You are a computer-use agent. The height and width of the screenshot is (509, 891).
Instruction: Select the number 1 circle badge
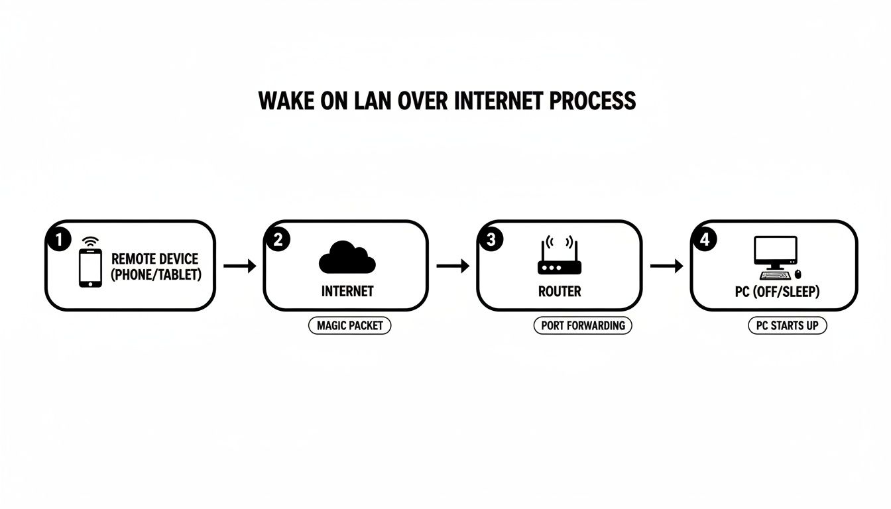point(58,240)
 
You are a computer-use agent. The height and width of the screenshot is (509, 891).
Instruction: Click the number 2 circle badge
point(277,240)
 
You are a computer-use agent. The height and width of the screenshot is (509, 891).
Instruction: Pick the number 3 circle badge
point(491,240)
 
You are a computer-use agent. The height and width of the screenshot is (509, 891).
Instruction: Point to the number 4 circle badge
point(704,240)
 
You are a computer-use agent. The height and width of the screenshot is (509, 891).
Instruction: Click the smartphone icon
point(90,268)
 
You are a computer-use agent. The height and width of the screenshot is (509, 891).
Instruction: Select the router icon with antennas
point(558,260)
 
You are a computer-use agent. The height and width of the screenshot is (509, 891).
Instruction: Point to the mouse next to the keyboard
point(798,274)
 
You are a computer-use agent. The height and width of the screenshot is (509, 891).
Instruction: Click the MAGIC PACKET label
point(349,325)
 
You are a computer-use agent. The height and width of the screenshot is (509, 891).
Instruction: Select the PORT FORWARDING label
point(583,325)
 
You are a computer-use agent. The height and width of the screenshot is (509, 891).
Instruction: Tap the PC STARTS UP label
point(787,325)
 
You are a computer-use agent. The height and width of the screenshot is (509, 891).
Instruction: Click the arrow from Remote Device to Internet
point(239,266)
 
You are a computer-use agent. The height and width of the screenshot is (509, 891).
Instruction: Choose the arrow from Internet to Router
point(453,266)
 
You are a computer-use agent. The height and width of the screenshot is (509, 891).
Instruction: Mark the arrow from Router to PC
point(666,266)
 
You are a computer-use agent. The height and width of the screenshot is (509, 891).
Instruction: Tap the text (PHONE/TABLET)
point(156,274)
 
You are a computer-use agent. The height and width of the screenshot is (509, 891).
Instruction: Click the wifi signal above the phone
point(90,241)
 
